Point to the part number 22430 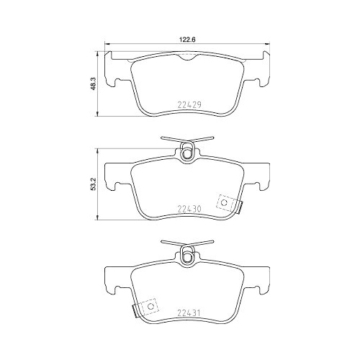tap(188, 210)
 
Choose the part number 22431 tap(188, 312)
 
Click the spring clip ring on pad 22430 tap(187, 151)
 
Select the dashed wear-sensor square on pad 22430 tap(227, 204)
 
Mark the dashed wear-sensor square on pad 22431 tap(150, 307)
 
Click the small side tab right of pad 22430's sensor tap(240, 207)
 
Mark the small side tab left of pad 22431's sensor tap(135, 310)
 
